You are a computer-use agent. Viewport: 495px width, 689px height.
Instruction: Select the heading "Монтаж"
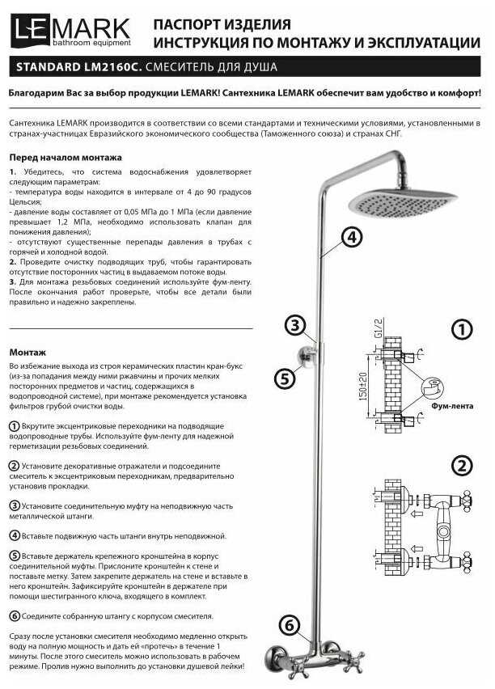point(28,352)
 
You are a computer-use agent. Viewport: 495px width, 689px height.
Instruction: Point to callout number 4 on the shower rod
point(350,236)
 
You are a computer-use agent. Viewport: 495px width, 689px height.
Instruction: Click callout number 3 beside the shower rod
point(295,326)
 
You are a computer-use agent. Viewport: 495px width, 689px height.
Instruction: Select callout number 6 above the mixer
point(291,624)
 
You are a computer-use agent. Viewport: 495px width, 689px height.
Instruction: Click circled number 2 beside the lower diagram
point(461,466)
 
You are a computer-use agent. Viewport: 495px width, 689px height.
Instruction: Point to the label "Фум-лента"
point(451,407)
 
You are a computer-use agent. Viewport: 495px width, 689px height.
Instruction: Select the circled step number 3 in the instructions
point(15,505)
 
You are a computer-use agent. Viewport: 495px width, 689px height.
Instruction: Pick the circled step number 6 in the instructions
point(15,616)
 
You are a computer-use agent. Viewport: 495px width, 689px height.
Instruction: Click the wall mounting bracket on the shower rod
point(306,356)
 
